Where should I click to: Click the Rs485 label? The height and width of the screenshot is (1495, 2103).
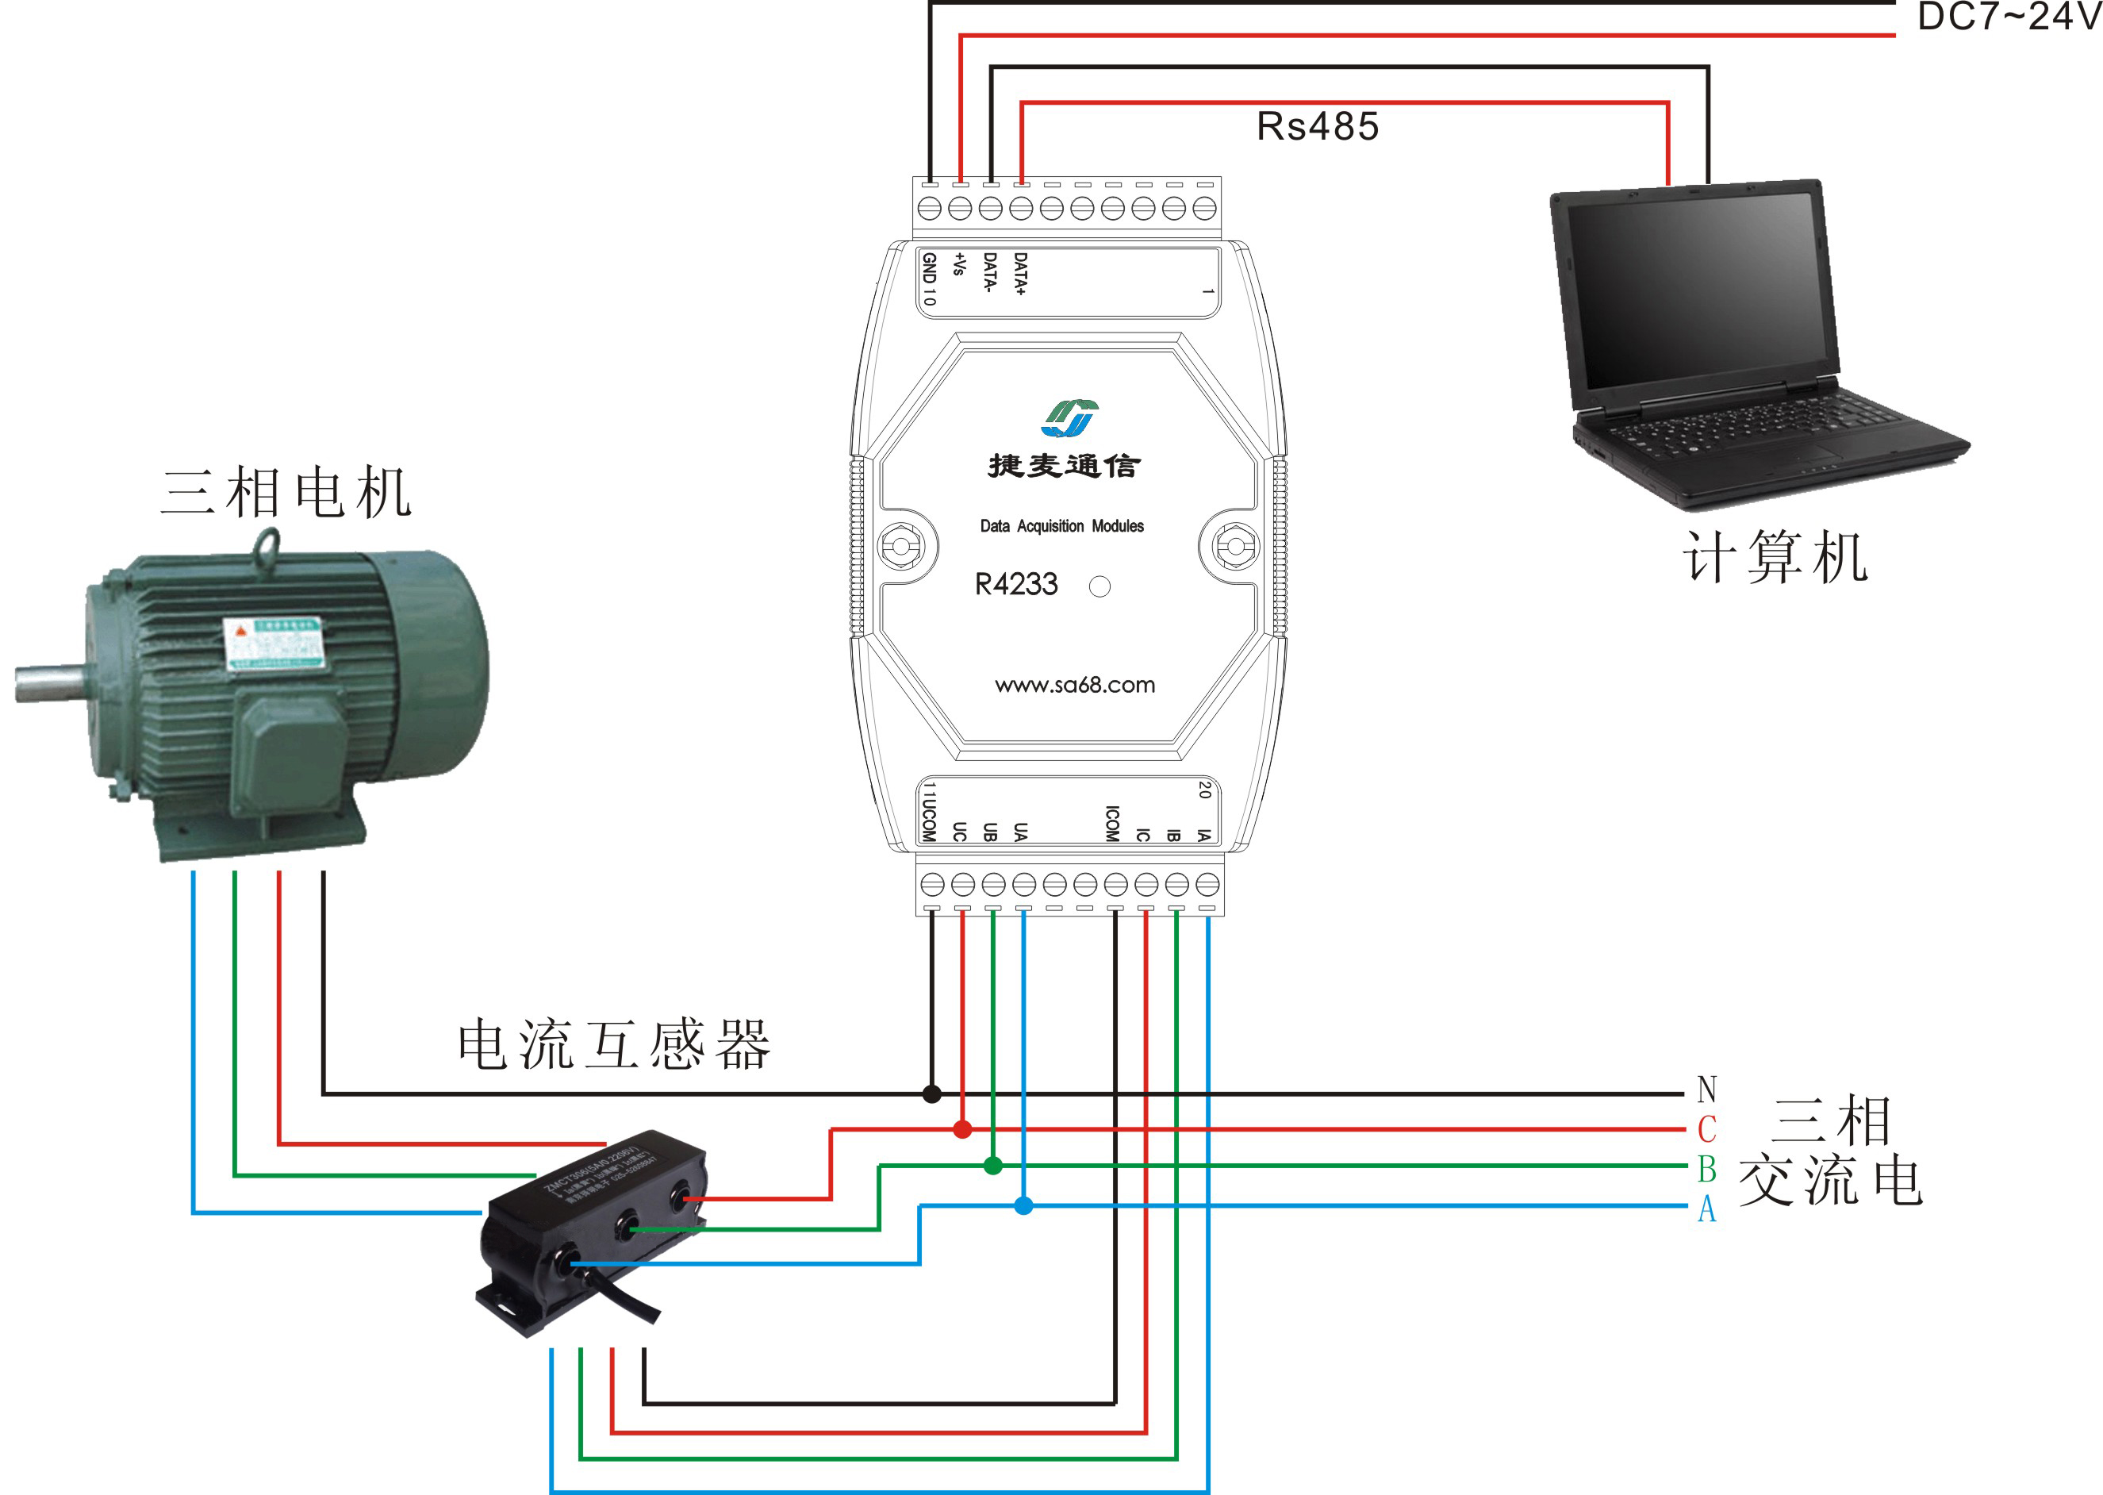(1317, 127)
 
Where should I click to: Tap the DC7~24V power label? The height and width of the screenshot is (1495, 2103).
(2009, 17)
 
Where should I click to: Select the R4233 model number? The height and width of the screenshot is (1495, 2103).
(1016, 584)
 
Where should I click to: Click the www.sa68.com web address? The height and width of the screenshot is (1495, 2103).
(1074, 684)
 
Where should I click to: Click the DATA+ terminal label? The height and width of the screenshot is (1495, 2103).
(1019, 274)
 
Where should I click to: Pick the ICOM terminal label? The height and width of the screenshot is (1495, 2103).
(1111, 823)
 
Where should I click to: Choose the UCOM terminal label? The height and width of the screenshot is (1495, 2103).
(929, 818)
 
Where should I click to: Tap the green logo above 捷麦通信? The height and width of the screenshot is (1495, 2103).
(1069, 418)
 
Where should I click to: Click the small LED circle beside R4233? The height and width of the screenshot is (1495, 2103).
(1099, 586)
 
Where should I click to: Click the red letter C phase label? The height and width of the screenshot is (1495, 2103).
(1706, 1128)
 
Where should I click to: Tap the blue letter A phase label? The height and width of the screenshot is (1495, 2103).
(1706, 1209)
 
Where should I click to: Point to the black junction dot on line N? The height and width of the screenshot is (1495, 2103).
(931, 1093)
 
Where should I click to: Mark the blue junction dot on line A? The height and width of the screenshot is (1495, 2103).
(1023, 1205)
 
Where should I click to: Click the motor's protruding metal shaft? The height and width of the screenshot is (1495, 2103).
(51, 682)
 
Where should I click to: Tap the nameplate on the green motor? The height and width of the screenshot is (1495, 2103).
(274, 644)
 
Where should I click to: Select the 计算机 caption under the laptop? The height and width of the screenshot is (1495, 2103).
(1775, 558)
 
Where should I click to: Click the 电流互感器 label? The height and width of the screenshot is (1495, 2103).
(614, 1045)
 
